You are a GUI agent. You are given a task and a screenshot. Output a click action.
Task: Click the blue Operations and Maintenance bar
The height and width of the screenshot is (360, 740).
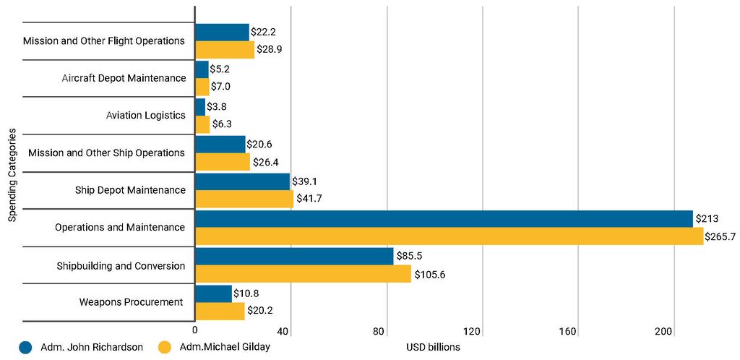(x=444, y=219)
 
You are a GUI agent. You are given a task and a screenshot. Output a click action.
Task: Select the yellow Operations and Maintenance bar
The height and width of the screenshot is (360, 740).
(x=449, y=236)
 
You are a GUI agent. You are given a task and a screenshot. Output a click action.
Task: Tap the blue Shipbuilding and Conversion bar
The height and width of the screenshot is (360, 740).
(x=294, y=256)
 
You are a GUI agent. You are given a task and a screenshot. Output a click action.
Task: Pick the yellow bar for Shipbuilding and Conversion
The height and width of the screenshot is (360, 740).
(x=303, y=274)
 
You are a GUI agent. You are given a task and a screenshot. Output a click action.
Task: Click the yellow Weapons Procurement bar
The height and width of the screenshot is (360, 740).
(x=220, y=311)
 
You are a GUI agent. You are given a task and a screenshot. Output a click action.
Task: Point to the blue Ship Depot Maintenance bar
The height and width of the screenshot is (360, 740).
(x=242, y=181)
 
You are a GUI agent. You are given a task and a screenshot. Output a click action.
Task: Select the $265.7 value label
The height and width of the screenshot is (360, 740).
(x=721, y=236)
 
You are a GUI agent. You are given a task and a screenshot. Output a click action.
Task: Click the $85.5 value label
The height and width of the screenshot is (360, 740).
(x=409, y=256)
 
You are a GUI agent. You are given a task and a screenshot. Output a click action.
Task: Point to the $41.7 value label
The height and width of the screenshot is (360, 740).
(x=309, y=199)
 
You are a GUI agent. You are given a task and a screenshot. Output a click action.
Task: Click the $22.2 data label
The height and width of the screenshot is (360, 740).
(x=264, y=31)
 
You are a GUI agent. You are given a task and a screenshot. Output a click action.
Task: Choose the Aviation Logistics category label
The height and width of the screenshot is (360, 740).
(x=145, y=115)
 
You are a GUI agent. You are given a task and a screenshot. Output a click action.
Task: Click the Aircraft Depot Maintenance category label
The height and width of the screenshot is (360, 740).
(x=124, y=78)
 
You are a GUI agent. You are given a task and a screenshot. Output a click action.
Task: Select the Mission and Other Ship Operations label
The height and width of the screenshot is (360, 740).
(x=106, y=153)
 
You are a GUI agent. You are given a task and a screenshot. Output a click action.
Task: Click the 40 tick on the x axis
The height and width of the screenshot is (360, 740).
(x=290, y=331)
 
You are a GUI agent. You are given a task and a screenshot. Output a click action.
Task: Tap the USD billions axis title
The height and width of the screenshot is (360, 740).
(x=434, y=347)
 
